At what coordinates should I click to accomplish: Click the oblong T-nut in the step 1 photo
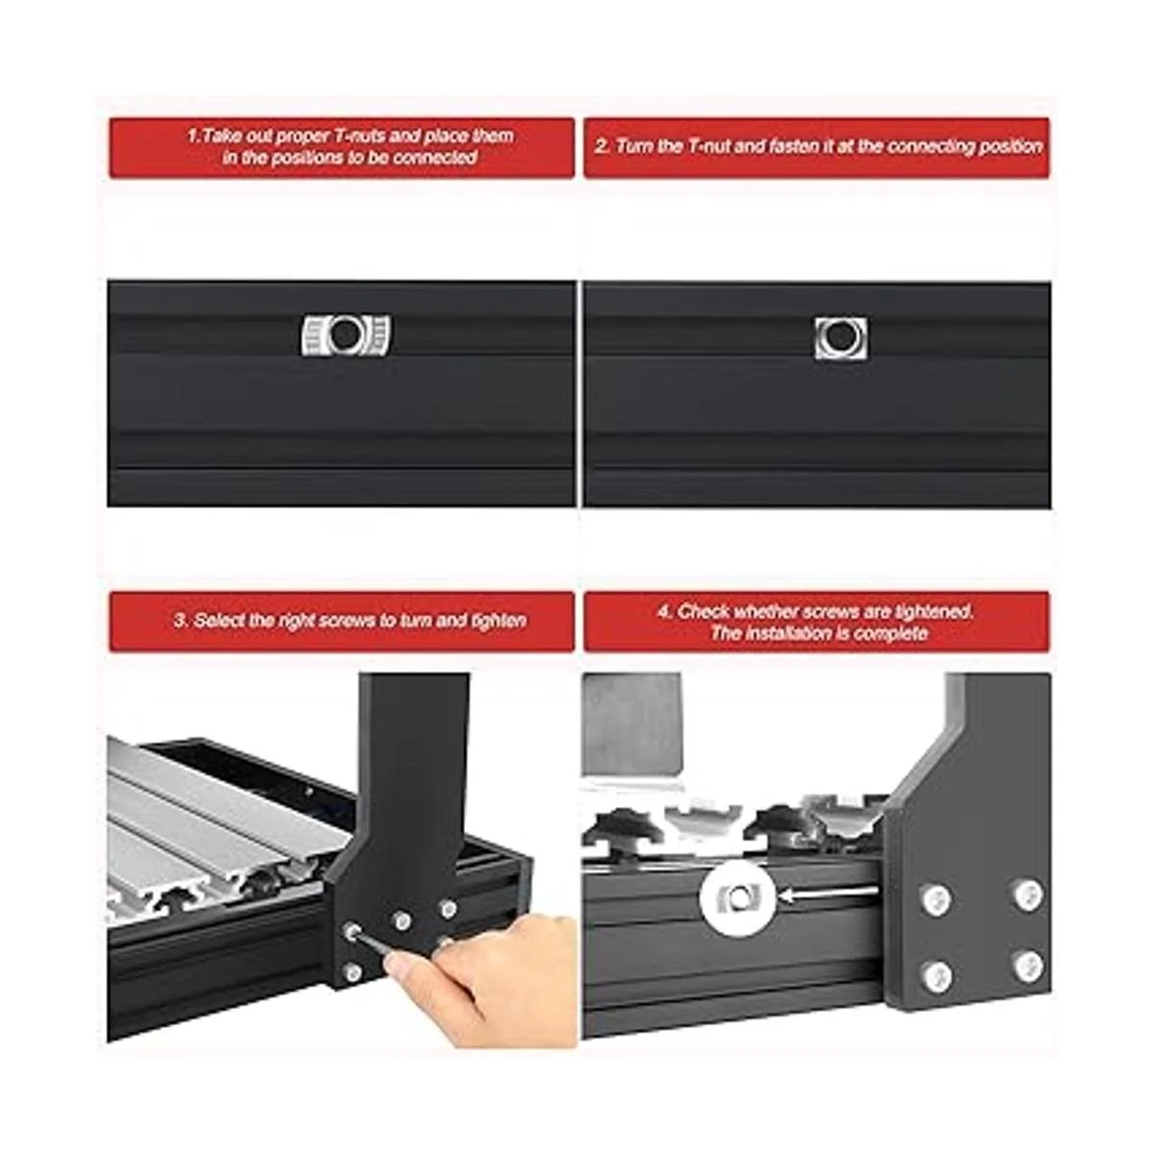(345, 335)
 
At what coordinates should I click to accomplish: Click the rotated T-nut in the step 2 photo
(841, 338)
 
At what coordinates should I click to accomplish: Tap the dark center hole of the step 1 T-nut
(344, 334)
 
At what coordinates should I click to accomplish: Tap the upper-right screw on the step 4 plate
(1028, 895)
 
